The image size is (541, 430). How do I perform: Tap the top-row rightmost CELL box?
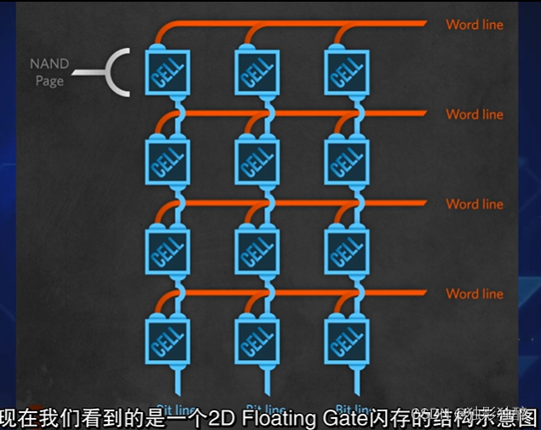[346, 72]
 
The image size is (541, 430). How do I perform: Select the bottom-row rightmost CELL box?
[346, 340]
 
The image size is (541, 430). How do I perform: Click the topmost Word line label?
[475, 25]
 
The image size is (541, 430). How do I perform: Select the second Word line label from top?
[475, 114]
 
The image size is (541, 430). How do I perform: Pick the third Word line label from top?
[475, 204]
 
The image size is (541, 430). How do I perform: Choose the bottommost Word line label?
[475, 293]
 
